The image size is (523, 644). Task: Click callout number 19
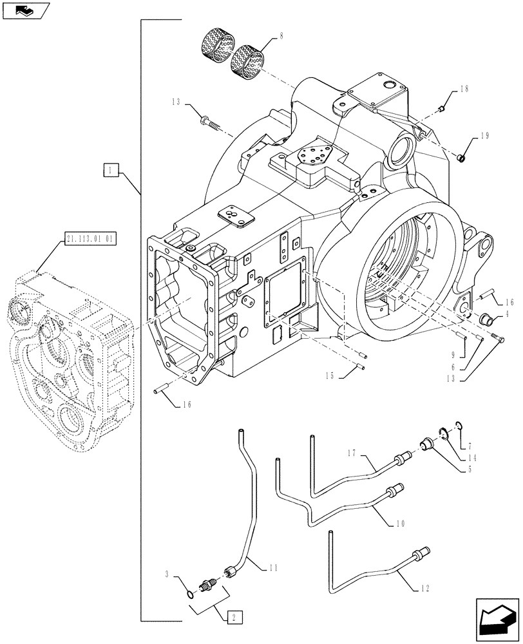[485, 136]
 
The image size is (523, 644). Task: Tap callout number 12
[426, 589]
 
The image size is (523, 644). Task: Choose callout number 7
[470, 444]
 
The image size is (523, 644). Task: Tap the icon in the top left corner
[25, 10]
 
